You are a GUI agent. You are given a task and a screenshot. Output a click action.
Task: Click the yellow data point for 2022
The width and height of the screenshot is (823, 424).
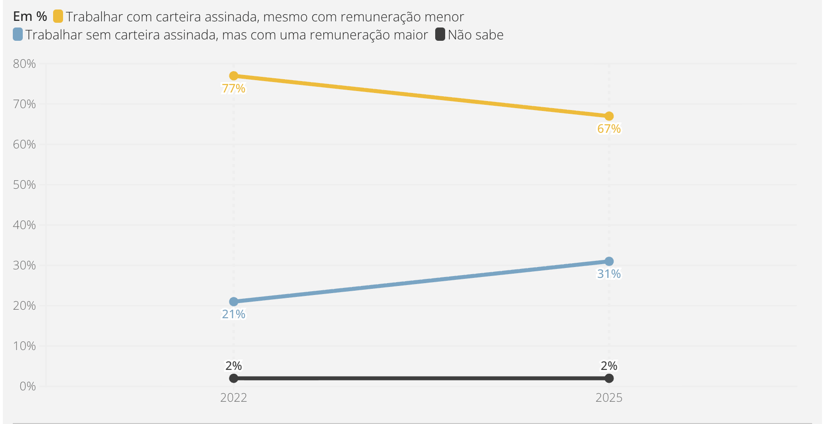click(234, 76)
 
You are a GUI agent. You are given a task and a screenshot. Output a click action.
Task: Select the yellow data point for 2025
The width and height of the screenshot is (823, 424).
click(609, 116)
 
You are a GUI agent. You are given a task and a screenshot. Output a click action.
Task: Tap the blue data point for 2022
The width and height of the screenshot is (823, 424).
click(234, 302)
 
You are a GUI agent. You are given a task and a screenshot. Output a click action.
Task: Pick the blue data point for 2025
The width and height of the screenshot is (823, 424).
click(609, 261)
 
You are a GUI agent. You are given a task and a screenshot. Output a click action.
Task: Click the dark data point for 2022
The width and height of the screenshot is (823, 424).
click(234, 378)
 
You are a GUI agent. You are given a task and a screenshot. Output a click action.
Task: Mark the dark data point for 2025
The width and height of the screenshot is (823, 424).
click(609, 378)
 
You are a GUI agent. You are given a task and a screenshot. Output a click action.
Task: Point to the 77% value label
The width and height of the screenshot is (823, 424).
click(234, 89)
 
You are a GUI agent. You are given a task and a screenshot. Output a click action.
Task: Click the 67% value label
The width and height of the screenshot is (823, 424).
click(609, 129)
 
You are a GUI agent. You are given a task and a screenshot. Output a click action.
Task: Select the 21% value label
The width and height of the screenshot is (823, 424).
click(234, 314)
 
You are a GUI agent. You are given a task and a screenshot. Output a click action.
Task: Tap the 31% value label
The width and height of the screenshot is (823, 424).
click(609, 274)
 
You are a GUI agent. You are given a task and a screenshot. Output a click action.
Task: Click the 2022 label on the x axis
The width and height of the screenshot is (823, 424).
click(234, 397)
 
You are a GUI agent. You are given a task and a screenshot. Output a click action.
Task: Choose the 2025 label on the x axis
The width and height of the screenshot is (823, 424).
click(609, 397)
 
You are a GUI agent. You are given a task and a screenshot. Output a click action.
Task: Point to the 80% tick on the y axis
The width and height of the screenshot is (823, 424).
click(25, 64)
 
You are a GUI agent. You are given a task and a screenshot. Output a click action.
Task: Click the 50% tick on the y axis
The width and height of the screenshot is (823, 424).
click(25, 184)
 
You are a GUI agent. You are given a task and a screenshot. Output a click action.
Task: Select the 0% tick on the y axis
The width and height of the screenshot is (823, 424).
click(27, 386)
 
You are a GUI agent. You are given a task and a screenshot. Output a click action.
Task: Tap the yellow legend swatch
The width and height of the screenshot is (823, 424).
click(58, 17)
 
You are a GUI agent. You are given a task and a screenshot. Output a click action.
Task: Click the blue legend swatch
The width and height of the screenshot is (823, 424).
click(18, 35)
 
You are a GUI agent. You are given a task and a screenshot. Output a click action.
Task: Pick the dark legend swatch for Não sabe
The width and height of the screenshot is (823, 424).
click(440, 35)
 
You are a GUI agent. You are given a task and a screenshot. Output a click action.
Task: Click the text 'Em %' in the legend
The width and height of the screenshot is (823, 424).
click(30, 17)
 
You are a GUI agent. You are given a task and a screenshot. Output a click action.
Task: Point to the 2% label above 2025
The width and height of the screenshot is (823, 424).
click(609, 366)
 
